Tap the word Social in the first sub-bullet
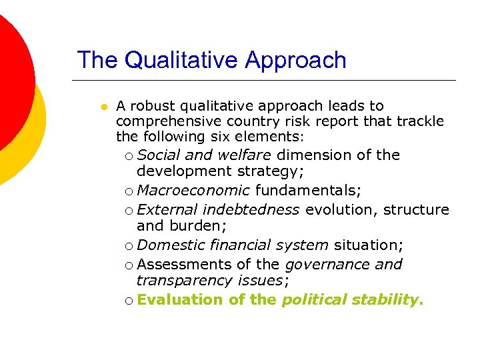coord(159,155)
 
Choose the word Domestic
coord(167,245)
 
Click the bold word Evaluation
coord(180,300)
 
